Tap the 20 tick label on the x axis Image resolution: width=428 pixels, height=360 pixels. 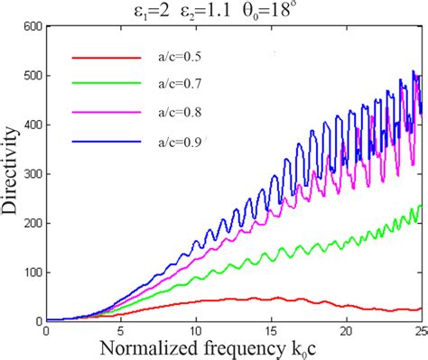(x=348, y=330)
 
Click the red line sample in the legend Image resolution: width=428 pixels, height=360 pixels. (x=107, y=57)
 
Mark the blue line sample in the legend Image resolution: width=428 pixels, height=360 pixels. (x=107, y=140)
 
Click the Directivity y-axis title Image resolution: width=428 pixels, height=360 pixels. (x=12, y=174)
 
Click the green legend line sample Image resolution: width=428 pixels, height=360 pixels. (x=107, y=85)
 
